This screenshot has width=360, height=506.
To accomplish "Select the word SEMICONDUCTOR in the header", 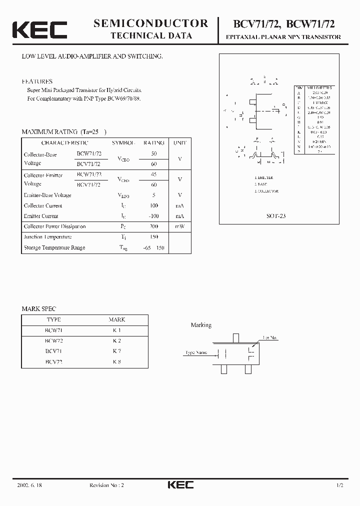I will tap(151, 23).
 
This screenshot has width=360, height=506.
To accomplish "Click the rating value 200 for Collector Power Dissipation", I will tap(154, 226).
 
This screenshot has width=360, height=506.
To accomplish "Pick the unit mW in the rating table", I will tap(179, 226).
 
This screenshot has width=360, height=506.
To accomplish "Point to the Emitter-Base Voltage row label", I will tap(47, 195).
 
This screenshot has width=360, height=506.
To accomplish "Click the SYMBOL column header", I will tap(123, 143).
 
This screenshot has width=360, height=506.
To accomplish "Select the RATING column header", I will tap(153, 143).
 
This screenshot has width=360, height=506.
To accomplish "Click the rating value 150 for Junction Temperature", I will tap(154, 237).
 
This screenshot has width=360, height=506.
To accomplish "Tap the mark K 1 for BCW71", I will tap(116, 330).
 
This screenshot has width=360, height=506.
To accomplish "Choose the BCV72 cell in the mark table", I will tap(54, 361).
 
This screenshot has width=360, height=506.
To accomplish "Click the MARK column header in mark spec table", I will tap(116, 319).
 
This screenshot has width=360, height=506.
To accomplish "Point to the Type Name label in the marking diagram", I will tap(196, 352).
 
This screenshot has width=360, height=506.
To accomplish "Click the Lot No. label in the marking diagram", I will tap(269, 338).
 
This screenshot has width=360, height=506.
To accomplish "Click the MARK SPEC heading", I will tap(39, 309).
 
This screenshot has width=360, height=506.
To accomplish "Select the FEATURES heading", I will tap(37, 81).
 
